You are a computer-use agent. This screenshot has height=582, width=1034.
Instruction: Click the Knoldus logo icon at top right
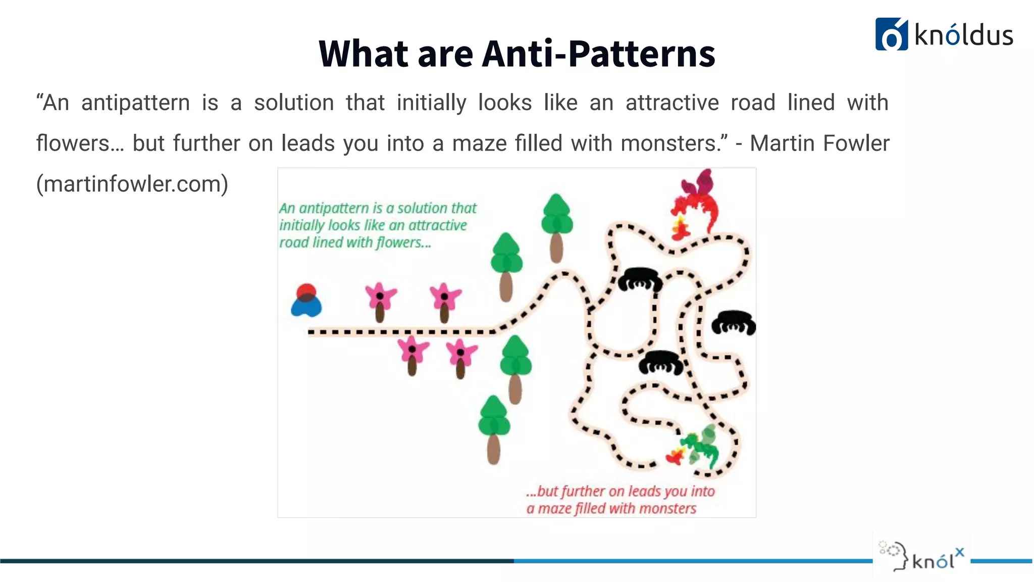pyautogui.click(x=891, y=34)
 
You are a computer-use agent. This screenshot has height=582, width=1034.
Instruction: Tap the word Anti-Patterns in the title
pyautogui.click(x=598, y=54)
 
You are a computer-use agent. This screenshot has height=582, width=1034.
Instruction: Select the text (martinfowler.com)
pyautogui.click(x=132, y=183)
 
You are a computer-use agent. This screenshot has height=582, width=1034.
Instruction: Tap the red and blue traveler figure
pyautogui.click(x=306, y=300)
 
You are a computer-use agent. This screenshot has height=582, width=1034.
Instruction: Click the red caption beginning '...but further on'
pyautogui.click(x=620, y=499)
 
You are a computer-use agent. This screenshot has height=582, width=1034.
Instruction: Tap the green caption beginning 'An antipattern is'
pyautogui.click(x=378, y=225)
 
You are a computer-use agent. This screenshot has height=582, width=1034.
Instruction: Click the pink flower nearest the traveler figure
pyautogui.click(x=380, y=301)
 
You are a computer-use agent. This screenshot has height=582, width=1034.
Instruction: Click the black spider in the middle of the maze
pyautogui.click(x=661, y=362)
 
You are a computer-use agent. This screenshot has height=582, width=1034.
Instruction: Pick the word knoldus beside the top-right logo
pyautogui.click(x=963, y=35)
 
